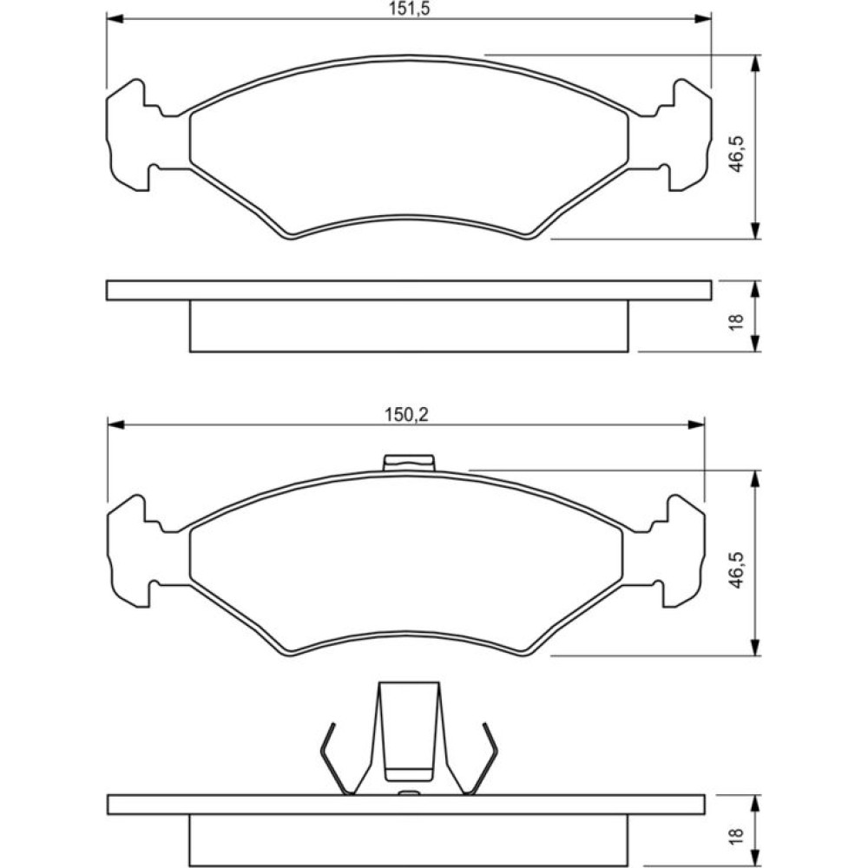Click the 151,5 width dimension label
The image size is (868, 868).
[409, 10]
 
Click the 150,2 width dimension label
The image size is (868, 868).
[407, 415]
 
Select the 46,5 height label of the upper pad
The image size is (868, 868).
[737, 154]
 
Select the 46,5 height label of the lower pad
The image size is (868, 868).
[736, 569]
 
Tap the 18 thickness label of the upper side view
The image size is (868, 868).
[737, 322]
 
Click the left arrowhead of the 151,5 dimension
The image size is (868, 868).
[114, 19]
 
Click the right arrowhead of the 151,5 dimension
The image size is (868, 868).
[703, 19]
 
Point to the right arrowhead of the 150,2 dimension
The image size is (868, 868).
[696, 424]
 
